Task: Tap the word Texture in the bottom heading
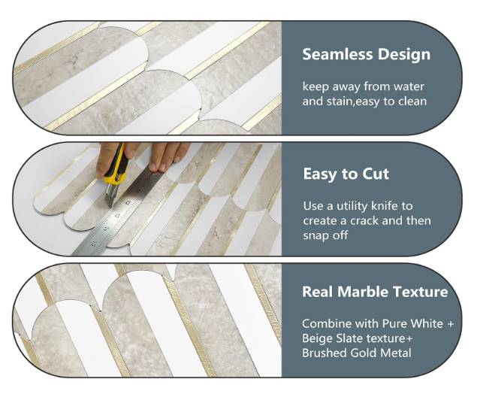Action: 421,292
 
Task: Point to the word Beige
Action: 318,338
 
